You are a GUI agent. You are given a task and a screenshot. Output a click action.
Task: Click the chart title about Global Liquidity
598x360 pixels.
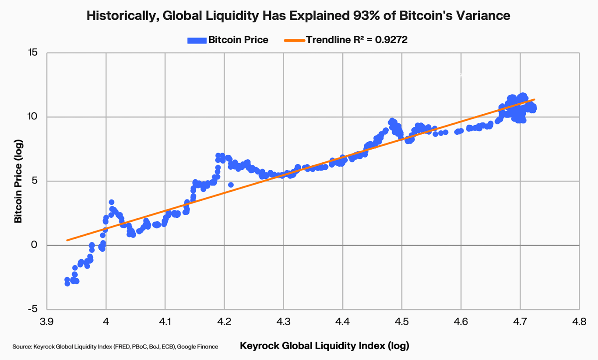click(x=299, y=16)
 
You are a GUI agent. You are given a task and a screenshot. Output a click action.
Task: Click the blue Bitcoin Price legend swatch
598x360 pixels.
click(x=196, y=40)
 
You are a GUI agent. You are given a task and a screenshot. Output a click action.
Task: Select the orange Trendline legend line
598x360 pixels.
click(x=294, y=40)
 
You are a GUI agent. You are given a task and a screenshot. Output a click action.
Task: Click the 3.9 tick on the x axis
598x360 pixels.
click(x=46, y=322)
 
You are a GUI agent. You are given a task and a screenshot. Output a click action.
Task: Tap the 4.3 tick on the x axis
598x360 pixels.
click(x=283, y=322)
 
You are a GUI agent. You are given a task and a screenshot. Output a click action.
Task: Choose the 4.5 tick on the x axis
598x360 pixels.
click(x=401, y=322)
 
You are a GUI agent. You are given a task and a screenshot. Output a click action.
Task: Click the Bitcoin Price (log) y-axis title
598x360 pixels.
click(x=18, y=181)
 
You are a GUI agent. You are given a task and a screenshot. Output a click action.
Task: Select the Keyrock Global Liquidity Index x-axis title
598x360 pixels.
click(x=324, y=346)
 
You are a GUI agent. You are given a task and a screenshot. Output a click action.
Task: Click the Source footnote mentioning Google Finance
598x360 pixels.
click(x=115, y=346)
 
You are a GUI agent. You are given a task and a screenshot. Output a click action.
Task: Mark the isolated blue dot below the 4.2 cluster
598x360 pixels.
click(x=231, y=185)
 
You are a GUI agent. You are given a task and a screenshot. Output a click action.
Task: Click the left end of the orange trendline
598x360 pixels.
click(x=67, y=240)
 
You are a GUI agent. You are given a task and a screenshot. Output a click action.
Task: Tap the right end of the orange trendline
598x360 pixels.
click(x=534, y=99)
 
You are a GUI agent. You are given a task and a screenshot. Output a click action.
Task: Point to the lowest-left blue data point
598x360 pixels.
click(x=67, y=283)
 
